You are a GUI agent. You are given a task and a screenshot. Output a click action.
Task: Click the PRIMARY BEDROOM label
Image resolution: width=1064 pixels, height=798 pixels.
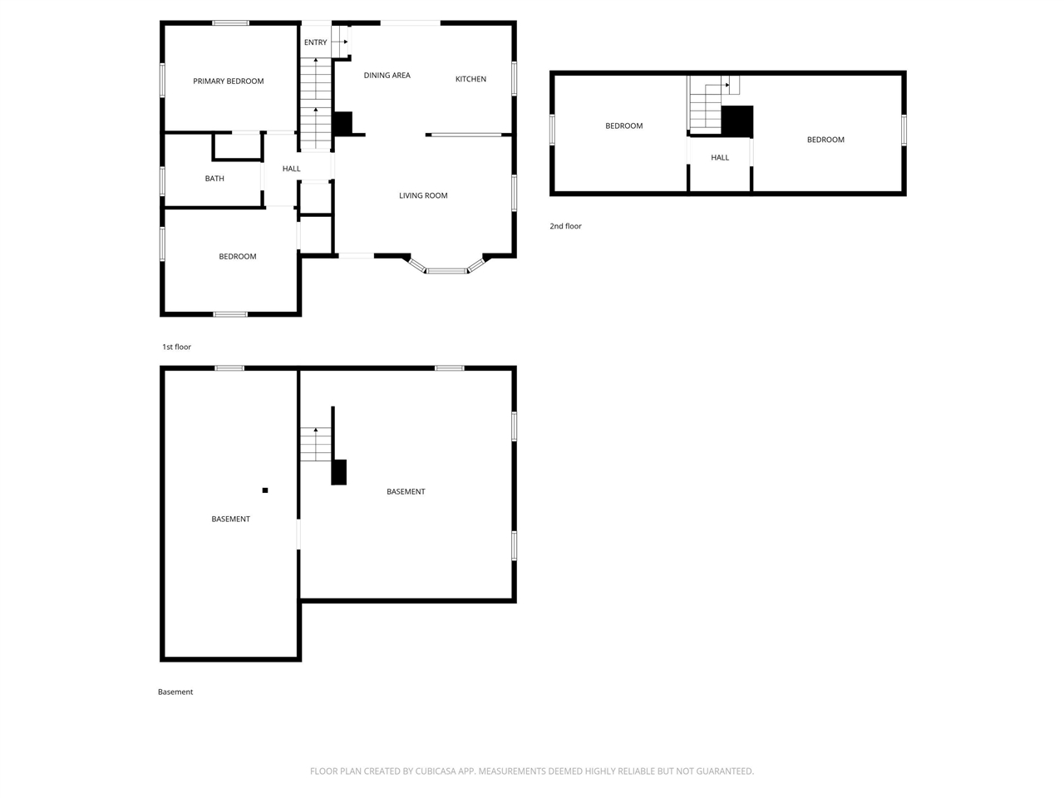pyautogui.click(x=229, y=81)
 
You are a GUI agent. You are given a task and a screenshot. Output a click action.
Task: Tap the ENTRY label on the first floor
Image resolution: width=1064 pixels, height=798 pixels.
pyautogui.click(x=316, y=42)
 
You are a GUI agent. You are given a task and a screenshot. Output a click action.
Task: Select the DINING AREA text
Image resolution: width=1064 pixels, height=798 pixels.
pyautogui.click(x=387, y=75)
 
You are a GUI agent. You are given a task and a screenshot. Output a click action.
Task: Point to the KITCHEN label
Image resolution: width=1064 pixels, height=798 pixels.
pyautogui.click(x=470, y=79)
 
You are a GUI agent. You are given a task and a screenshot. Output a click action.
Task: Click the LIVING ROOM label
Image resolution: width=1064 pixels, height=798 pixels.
pyautogui.click(x=423, y=195)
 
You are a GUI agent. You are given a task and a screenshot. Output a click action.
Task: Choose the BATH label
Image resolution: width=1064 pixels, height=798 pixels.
pyautogui.click(x=214, y=178)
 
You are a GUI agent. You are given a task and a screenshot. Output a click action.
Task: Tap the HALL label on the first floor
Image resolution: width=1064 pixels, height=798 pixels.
pyautogui.click(x=291, y=169)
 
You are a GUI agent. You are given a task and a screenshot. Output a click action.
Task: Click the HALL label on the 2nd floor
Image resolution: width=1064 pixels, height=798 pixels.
pyautogui.click(x=720, y=157)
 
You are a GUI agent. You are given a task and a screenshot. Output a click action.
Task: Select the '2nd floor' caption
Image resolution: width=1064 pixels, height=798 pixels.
pyautogui.click(x=565, y=226)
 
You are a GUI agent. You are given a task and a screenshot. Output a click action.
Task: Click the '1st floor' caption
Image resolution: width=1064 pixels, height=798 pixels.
pyautogui.click(x=176, y=347)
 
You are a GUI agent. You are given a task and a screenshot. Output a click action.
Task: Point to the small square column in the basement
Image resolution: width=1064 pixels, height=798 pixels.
pyautogui.click(x=265, y=490)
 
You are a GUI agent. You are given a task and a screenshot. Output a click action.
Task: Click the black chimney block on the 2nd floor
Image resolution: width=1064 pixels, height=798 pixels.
pyautogui.click(x=737, y=121)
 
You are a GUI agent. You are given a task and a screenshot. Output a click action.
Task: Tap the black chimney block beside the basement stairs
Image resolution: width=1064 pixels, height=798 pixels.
pyautogui.click(x=339, y=472)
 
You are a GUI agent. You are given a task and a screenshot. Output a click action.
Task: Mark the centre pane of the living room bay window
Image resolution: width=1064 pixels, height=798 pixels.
pyautogui.click(x=446, y=270)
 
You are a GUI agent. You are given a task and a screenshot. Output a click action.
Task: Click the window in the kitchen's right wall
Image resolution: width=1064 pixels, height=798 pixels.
pyautogui.click(x=514, y=78)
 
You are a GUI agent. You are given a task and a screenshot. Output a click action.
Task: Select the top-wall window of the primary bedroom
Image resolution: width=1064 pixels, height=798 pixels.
pyautogui.click(x=231, y=22)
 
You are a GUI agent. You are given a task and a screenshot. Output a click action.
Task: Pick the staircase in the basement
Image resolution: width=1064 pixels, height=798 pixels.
pyautogui.click(x=316, y=444)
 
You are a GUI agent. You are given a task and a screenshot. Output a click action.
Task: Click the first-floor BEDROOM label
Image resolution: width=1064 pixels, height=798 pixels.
pyautogui.click(x=238, y=256)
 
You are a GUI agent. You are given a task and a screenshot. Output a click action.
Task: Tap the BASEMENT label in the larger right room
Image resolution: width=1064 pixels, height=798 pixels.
pyautogui.click(x=406, y=491)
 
